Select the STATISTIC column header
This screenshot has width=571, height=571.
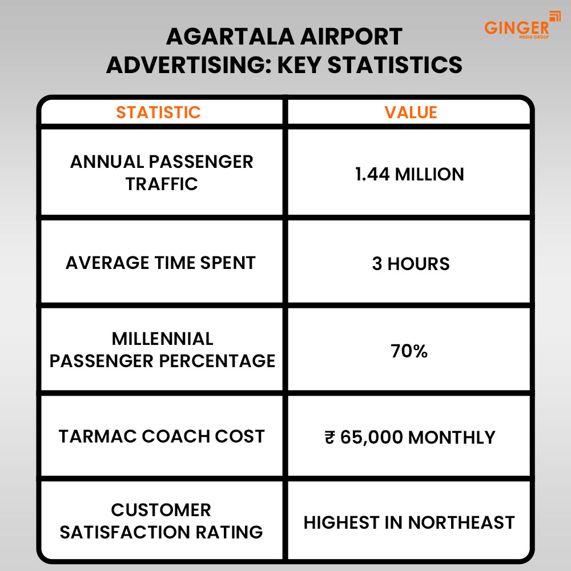[159, 112]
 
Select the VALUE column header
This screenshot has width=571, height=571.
[411, 112]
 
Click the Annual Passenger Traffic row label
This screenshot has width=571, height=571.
[162, 173]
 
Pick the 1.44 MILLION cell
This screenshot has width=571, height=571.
[409, 174]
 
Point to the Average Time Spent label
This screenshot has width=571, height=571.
[160, 263]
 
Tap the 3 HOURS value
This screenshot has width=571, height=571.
[411, 263]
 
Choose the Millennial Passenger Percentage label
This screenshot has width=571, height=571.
[162, 349]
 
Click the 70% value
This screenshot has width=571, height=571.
[409, 351]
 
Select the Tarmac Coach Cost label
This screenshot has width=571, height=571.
[162, 436]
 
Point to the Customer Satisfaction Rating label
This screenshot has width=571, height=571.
[162, 521]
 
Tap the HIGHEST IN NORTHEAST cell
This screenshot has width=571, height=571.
[409, 522]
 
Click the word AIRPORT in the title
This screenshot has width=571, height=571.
[353, 37]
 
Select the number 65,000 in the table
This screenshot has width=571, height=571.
[372, 437]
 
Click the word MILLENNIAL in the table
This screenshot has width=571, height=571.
[163, 339]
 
